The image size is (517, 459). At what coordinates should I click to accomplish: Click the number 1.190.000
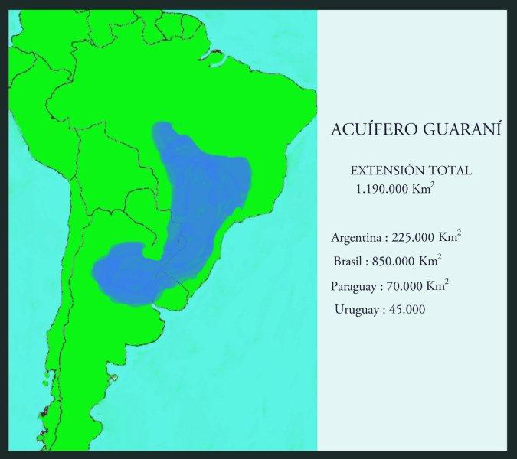click(x=381, y=188)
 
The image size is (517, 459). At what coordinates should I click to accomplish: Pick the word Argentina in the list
click(x=358, y=236)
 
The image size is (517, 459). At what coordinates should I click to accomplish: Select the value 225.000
click(x=414, y=236)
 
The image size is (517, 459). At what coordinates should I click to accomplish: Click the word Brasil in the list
click(x=349, y=261)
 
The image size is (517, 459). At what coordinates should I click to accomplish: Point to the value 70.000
click(x=405, y=286)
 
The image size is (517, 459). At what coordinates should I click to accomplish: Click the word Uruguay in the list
click(x=356, y=310)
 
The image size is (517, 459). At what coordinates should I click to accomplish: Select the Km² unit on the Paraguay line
click(x=438, y=285)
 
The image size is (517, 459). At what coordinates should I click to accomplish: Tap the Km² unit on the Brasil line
click(x=430, y=260)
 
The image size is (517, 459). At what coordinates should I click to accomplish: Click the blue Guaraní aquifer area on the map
click(x=203, y=199)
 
